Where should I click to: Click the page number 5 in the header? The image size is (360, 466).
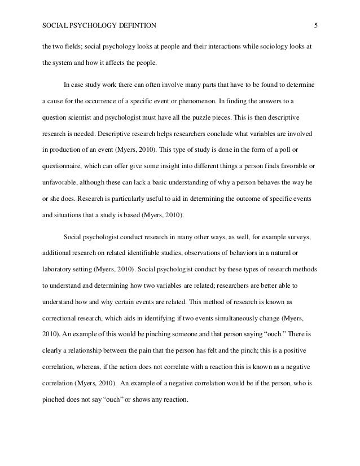point(316,25)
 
